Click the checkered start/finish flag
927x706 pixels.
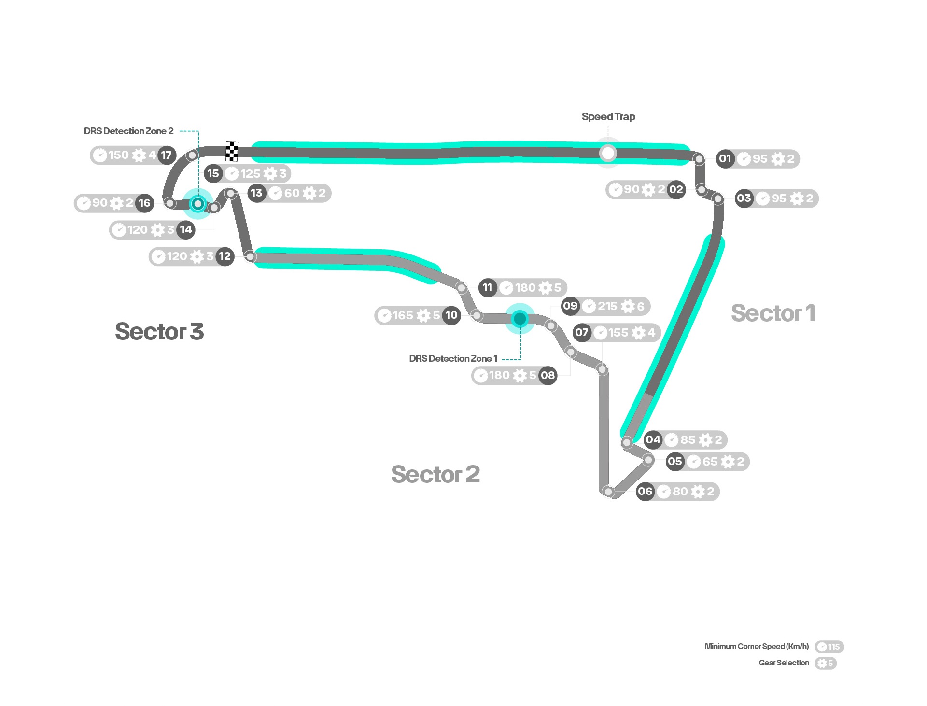tap(232, 152)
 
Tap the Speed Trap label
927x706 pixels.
tap(608, 117)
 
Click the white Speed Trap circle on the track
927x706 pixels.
tap(608, 153)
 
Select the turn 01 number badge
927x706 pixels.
tap(725, 159)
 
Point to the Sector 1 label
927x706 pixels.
tap(773, 313)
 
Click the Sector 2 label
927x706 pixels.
tap(435, 474)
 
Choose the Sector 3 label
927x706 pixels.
tap(159, 332)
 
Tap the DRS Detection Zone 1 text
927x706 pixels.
tap(453, 359)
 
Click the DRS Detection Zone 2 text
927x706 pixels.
tap(128, 131)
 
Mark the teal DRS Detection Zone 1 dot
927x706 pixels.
tap(520, 319)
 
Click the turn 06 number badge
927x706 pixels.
tap(645, 492)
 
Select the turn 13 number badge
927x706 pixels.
tap(256, 193)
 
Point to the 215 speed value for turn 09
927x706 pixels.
tap(607, 306)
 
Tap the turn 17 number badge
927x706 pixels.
tap(167, 155)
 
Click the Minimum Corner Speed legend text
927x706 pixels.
tap(757, 647)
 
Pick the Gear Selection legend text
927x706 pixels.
tap(784, 663)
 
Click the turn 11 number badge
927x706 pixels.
tap(488, 288)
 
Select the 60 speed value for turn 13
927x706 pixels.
tap(292, 193)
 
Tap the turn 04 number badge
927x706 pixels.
tap(653, 440)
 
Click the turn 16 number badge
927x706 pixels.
tap(145, 203)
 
